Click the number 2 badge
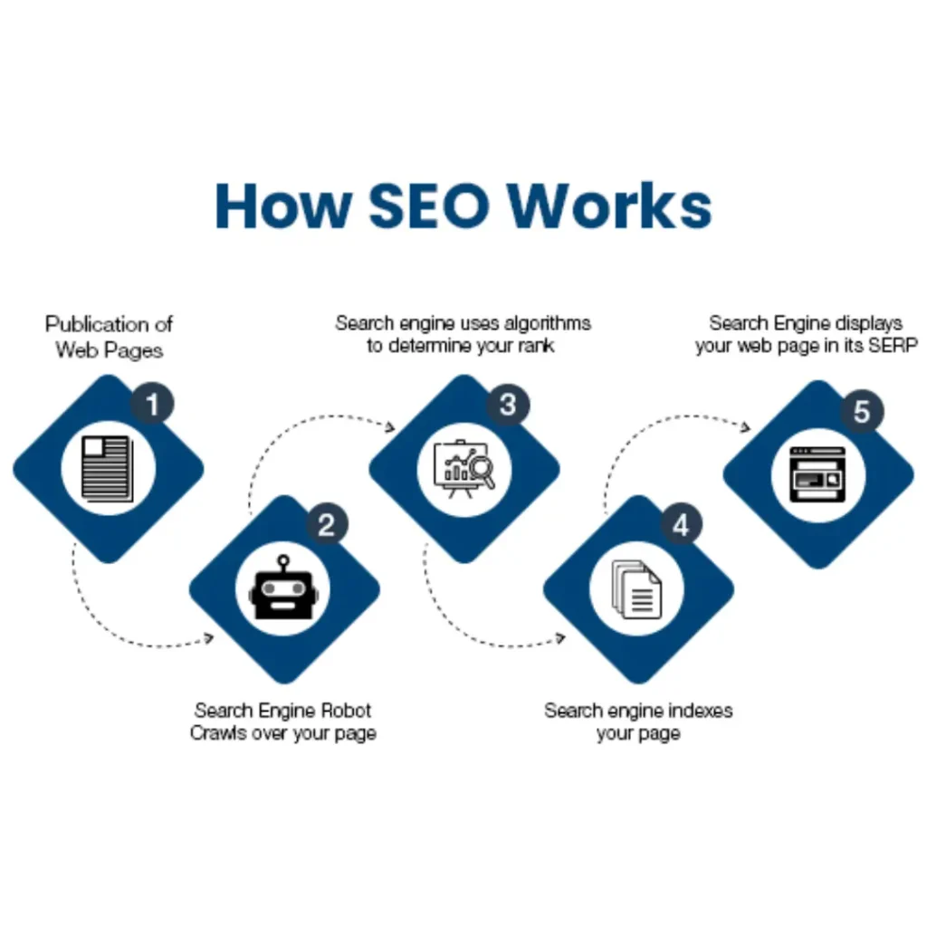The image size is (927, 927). pyautogui.click(x=327, y=525)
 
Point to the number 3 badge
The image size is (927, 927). pyautogui.click(x=508, y=404)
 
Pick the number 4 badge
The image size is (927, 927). pyautogui.click(x=681, y=525)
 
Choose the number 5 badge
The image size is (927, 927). pyautogui.click(x=861, y=412)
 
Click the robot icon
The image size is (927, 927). pyautogui.click(x=283, y=593)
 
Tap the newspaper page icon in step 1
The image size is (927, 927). pyautogui.click(x=107, y=468)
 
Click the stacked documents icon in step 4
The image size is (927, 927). pyautogui.click(x=637, y=590)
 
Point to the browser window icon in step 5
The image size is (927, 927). pyautogui.click(x=817, y=474)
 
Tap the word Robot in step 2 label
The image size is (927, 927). pyautogui.click(x=343, y=711)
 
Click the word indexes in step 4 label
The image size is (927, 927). pyautogui.click(x=695, y=711)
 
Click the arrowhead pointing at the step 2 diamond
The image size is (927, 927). pyautogui.click(x=209, y=638)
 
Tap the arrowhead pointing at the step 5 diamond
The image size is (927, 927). pyautogui.click(x=747, y=427)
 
